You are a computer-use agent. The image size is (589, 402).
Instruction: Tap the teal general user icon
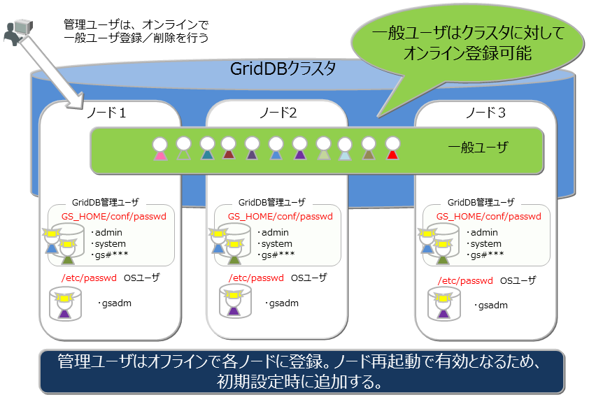[207, 149]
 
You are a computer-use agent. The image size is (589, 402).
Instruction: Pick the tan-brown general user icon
[369, 149]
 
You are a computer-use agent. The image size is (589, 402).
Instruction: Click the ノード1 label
[107, 113]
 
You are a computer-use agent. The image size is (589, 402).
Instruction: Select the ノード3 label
[485, 113]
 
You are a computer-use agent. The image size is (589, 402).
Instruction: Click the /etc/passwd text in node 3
[465, 280]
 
